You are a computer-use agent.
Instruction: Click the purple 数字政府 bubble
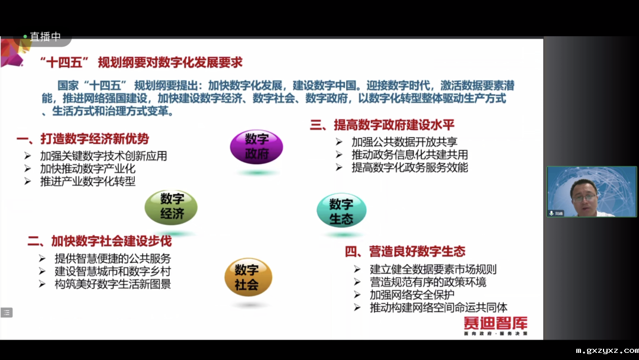point(256,147)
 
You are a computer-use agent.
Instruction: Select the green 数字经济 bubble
point(171,207)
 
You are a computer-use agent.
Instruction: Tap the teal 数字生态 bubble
point(341,211)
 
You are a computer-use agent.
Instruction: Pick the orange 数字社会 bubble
point(248,277)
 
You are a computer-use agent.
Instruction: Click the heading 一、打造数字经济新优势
point(83,139)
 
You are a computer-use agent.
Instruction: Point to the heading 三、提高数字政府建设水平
point(382,125)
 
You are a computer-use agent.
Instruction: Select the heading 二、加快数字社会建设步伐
point(99,241)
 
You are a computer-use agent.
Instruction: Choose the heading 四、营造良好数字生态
point(405,252)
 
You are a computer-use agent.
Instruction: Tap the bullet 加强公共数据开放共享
point(404,142)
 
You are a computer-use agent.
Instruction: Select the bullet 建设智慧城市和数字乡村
point(113,271)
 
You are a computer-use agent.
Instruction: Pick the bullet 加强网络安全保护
point(412,294)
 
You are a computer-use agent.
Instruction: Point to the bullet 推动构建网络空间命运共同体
point(438,307)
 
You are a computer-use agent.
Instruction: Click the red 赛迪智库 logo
point(495,323)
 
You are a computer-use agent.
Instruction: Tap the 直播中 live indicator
point(45,37)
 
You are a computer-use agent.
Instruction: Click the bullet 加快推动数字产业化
point(88,169)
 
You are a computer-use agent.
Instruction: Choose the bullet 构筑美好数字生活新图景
point(113,284)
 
